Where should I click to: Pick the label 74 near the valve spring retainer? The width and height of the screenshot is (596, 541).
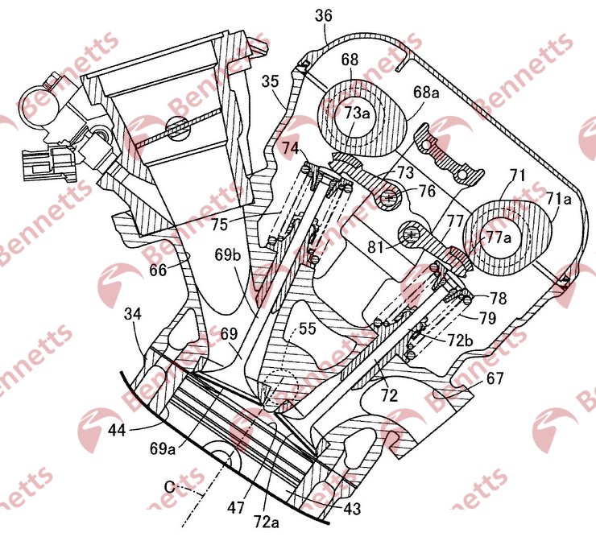[x=290, y=147]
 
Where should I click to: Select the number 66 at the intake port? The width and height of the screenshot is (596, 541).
[x=158, y=270]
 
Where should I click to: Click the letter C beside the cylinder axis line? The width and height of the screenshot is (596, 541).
[x=169, y=486]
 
